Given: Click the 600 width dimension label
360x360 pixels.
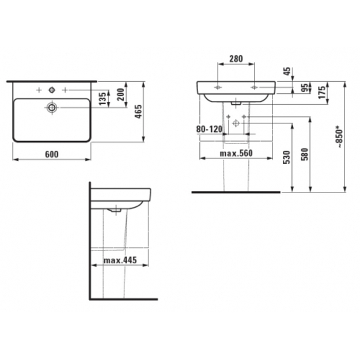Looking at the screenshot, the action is coord(52,154).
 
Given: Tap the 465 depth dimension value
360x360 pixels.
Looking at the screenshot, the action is coord(138,112).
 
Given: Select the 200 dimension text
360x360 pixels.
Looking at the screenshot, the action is coord(120,94).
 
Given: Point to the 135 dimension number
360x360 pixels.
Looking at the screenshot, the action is coord(103,98).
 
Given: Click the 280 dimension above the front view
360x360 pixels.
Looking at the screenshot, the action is coord(236,59).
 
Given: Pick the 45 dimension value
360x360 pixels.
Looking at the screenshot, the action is coord(287,71).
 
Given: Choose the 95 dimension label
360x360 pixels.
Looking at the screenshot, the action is coord(305,88).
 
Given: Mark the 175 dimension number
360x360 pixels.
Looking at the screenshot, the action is coord(323,92).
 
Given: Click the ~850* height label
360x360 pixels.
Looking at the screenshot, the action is coord(340,137).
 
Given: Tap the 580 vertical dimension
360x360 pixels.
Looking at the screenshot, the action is coord(305,154).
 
